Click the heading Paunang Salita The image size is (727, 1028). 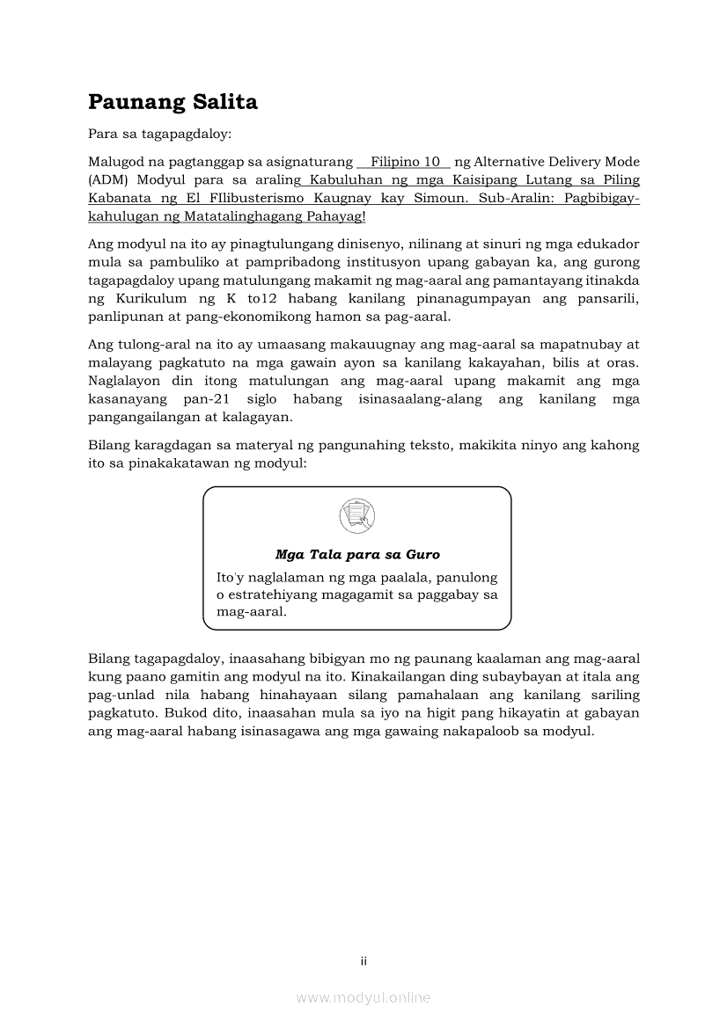click(173, 102)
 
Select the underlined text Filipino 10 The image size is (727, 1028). click(405, 162)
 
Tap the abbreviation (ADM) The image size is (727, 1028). click(107, 180)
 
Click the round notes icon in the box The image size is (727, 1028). click(356, 516)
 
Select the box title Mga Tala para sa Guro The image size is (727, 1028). click(356, 555)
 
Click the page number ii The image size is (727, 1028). click(363, 961)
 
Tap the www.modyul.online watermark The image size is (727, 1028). click(363, 997)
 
